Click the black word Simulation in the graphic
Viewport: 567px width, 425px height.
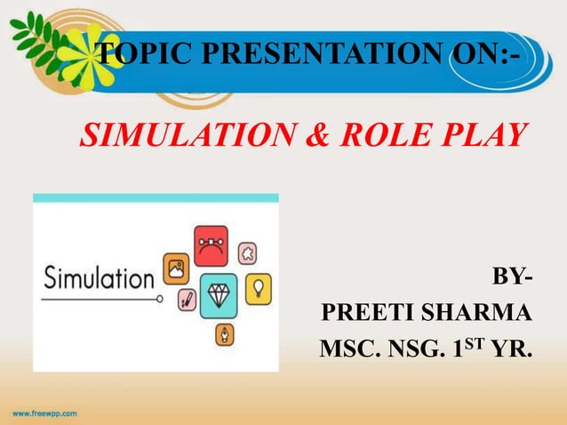(99, 278)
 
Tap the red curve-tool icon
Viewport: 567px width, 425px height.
(211, 245)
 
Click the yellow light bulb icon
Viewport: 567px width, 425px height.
(259, 287)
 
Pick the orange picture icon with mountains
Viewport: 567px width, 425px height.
(175, 269)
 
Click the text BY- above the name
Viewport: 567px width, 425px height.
(513, 283)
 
